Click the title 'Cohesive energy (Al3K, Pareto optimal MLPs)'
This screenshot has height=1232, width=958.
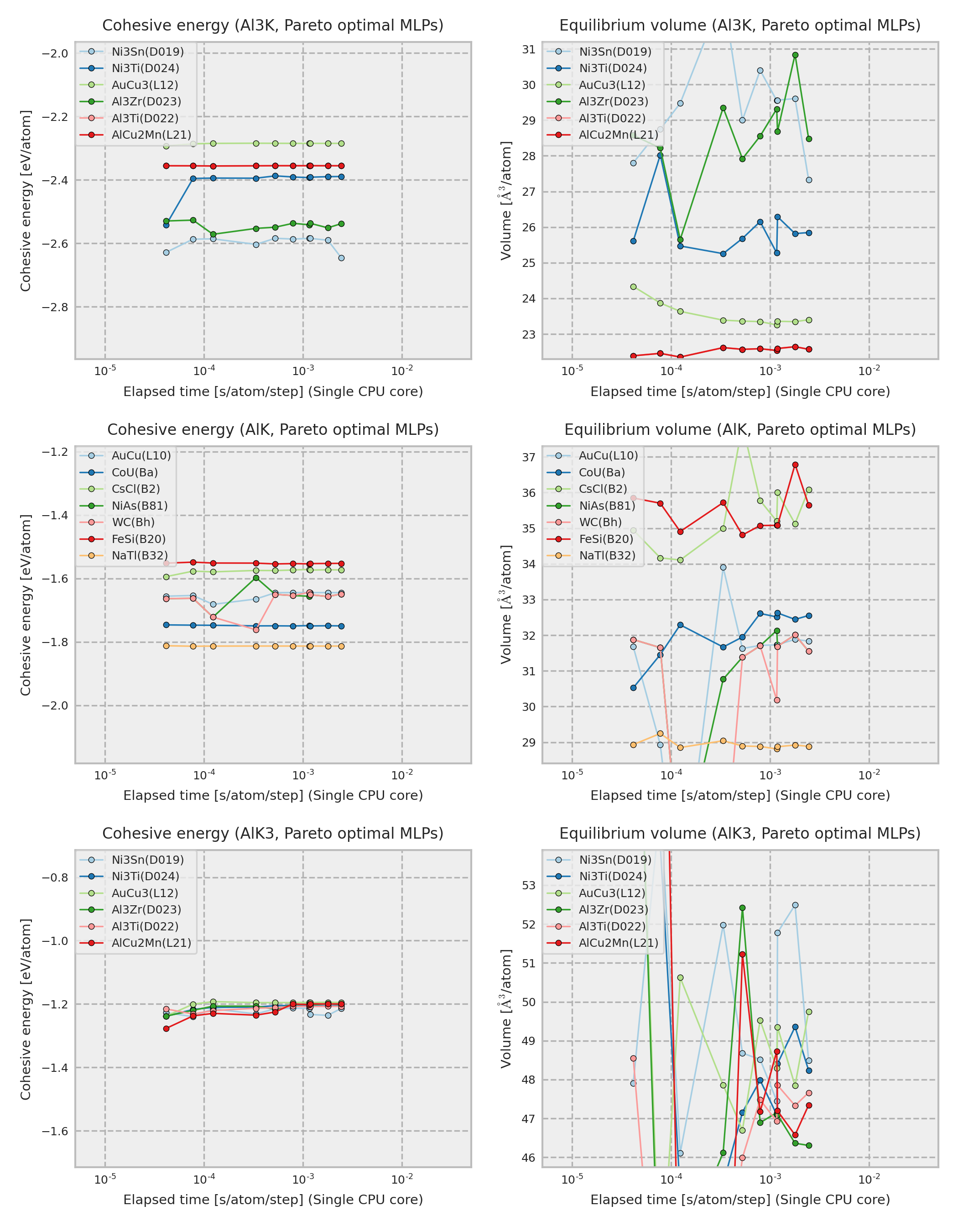click(273, 26)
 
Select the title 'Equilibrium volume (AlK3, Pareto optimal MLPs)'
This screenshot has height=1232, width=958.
click(740, 833)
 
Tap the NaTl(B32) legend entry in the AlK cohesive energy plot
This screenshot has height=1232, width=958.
click(139, 556)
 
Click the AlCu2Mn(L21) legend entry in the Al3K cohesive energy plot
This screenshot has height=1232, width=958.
click(151, 135)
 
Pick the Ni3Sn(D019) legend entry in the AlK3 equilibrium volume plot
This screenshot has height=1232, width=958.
click(614, 860)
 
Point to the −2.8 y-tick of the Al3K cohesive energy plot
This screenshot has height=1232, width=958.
click(55, 308)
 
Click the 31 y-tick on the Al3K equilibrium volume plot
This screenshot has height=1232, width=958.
click(528, 50)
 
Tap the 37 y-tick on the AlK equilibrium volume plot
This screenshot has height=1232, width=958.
click(528, 457)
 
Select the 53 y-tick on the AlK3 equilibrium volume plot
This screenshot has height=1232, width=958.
click(528, 886)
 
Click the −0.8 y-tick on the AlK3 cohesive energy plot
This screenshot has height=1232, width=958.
click(55, 878)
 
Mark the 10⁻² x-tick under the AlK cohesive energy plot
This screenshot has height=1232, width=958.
click(402, 776)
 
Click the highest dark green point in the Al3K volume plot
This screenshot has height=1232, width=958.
click(795, 55)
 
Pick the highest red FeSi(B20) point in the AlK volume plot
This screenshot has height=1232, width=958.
click(795, 465)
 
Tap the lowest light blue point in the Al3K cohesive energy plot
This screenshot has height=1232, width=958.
click(341, 258)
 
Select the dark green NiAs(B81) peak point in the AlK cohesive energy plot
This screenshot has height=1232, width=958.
click(256, 578)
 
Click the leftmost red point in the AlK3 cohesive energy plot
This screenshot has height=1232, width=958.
click(167, 1029)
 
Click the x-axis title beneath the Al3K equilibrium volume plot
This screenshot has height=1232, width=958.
click(740, 392)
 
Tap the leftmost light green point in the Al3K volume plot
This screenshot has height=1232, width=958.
click(633, 287)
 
